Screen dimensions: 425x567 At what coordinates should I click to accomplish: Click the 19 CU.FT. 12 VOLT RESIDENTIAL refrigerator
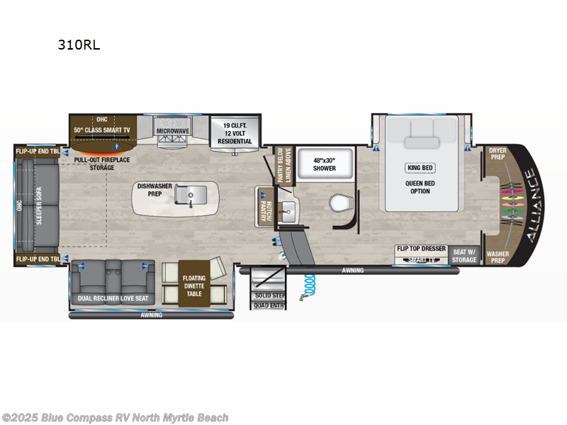click(235, 132)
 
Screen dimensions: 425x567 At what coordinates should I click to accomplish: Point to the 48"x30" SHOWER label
click(315, 164)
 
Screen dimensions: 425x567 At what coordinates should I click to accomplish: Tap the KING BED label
click(420, 168)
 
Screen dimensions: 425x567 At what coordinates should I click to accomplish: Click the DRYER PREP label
click(497, 154)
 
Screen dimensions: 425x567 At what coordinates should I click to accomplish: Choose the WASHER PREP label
click(497, 256)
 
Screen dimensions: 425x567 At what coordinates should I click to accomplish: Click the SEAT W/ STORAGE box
click(465, 254)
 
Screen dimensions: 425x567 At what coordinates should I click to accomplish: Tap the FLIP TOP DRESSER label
click(421, 249)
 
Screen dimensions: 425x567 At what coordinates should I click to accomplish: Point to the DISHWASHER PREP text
click(155, 190)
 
